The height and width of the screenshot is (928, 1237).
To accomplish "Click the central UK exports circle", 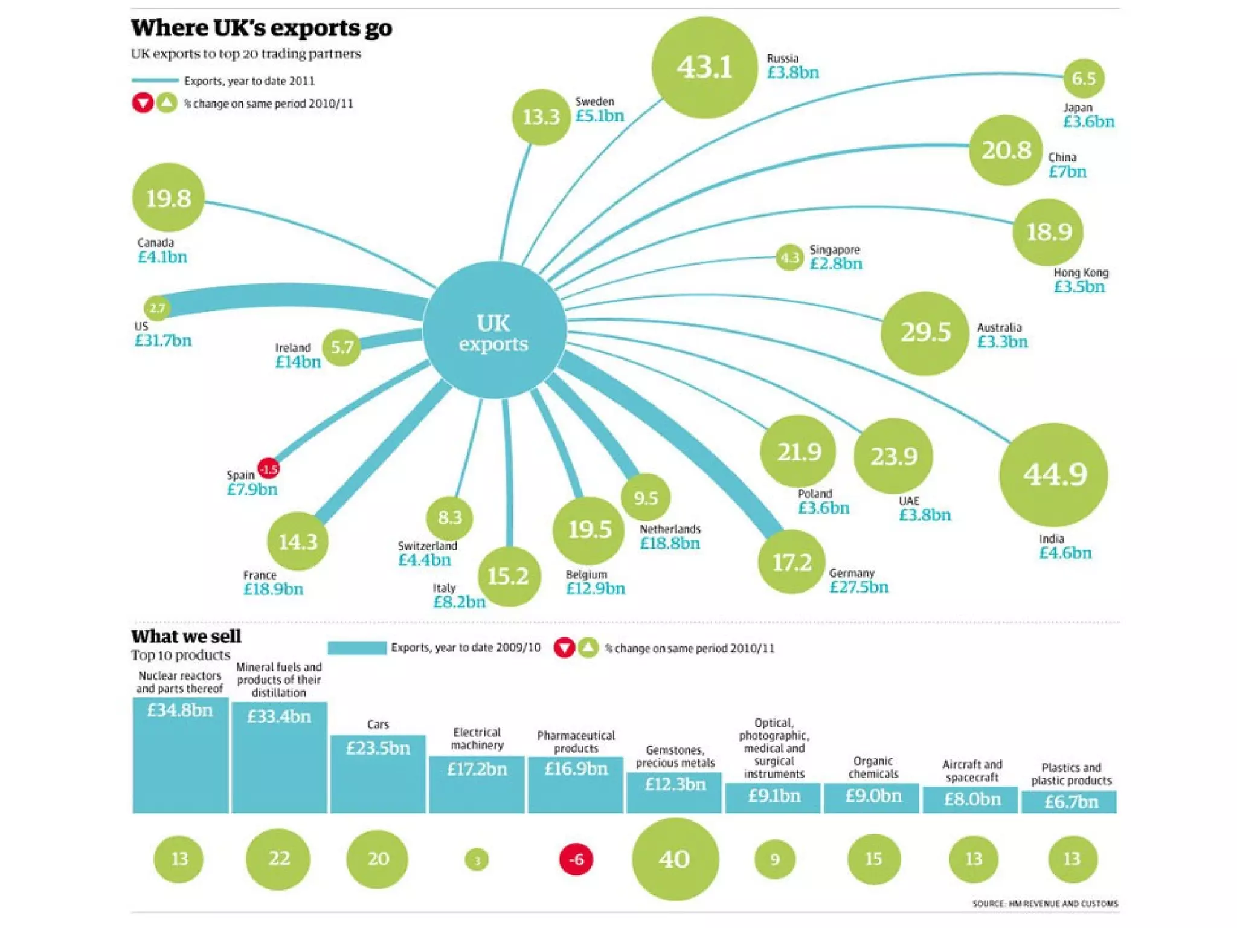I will coord(494,331).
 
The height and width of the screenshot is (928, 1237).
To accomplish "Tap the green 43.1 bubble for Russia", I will coord(704,67).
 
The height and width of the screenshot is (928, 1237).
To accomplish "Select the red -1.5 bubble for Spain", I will coord(268,469).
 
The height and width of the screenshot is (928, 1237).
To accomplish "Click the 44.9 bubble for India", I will coord(1054,474).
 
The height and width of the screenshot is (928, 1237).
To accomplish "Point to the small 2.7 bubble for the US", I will coord(157,308).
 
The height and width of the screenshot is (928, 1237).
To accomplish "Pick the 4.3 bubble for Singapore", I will coord(789,258).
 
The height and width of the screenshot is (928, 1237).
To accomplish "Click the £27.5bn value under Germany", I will coord(858,587).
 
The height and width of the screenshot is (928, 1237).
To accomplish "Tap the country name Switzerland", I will coord(427,546).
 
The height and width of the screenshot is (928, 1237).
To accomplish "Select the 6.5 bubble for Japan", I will coord(1084,79).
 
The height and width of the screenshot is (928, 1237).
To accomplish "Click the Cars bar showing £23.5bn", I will coord(378,773).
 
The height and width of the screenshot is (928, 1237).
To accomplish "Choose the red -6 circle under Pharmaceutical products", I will coord(576,859).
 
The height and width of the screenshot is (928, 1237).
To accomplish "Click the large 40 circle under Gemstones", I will coord(675,859).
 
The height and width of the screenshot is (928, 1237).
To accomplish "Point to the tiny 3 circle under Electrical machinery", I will coord(477,860).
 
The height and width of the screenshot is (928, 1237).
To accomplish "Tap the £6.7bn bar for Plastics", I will coord(1070,802).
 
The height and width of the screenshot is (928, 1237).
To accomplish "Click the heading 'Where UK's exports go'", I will coord(262,28).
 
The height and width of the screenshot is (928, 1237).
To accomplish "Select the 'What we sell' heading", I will coord(186,636).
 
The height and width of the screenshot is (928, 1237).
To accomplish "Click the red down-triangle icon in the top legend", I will coord(143,103).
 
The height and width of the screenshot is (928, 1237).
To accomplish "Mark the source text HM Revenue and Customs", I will coord(1045,904).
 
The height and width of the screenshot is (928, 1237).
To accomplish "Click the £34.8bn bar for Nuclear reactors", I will coord(181,755).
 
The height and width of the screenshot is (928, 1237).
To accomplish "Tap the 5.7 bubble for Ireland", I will coord(342,347).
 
